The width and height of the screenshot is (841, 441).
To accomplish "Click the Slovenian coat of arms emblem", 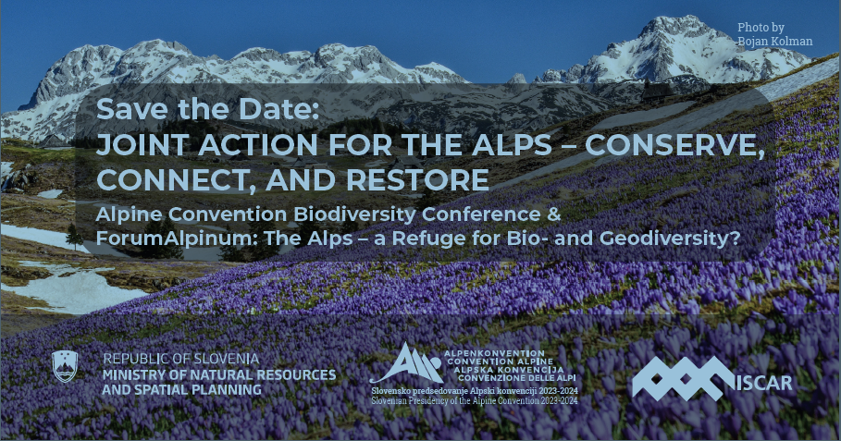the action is pos(65,366).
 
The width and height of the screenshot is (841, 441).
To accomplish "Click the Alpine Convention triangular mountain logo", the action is pos(406,363).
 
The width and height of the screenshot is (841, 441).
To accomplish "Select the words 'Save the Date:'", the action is pos(207,109).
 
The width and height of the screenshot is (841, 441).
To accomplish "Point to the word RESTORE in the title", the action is pos(417,179).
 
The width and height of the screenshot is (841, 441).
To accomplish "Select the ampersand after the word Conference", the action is pos(554,214).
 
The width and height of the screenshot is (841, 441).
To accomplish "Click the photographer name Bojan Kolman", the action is pos(775,41).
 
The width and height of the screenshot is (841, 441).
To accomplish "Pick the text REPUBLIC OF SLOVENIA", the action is pos(180,359).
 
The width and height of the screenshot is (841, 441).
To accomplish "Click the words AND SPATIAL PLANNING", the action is pos(182,389).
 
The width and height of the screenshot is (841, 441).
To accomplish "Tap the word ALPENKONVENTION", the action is pos(494,354).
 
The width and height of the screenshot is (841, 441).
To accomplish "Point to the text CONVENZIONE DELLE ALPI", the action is pos(516,378).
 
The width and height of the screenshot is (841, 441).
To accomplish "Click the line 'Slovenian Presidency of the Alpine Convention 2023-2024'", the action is pos(475,400).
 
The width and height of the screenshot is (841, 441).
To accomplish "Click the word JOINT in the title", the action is pos(140,145).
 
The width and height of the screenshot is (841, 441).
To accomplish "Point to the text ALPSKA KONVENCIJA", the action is pos(509,370).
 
